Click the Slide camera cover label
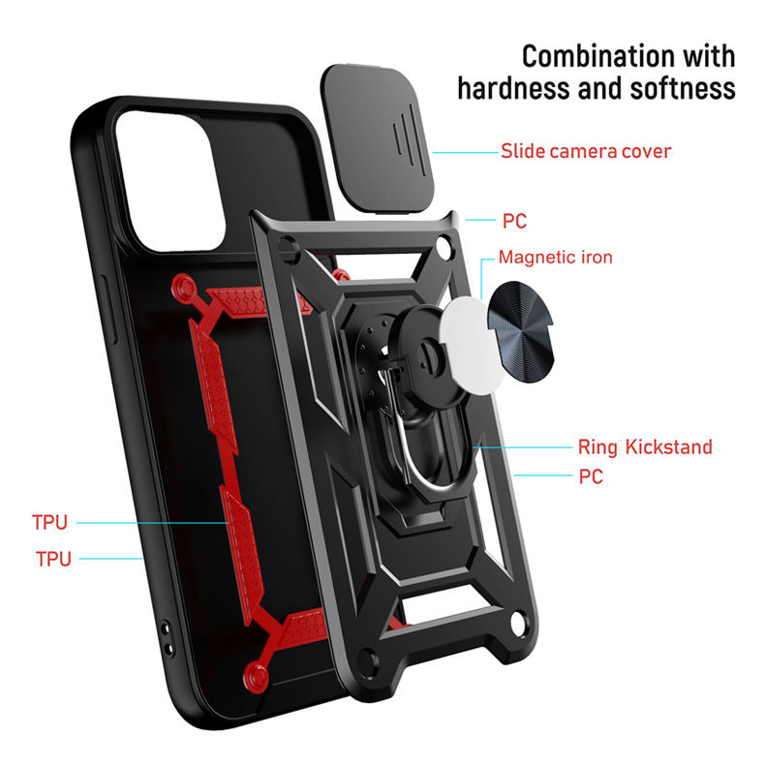(585, 151)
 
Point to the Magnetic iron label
(555, 258)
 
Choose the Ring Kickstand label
(644, 447)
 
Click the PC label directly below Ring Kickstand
(591, 476)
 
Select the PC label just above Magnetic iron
(515, 221)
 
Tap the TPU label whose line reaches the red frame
(49, 523)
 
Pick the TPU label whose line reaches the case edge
(53, 559)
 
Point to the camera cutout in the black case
(169, 179)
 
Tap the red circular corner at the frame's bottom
(257, 671)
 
